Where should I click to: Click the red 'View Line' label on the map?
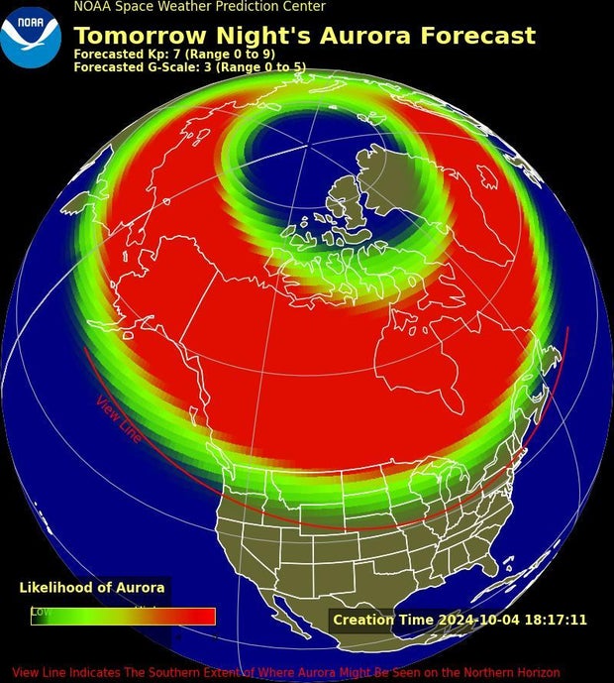click(119, 419)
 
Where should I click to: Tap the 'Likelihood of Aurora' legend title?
click(92, 588)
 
